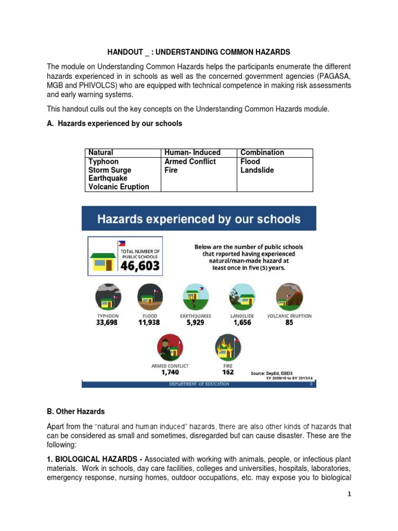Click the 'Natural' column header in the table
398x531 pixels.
(x=101, y=152)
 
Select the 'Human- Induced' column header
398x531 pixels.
(x=192, y=152)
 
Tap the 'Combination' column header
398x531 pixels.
(x=262, y=152)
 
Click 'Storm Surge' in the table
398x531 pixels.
(x=110, y=170)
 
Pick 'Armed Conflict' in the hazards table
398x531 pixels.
(x=190, y=161)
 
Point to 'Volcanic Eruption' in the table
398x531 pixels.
(x=119, y=187)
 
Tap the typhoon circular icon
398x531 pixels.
(x=108, y=297)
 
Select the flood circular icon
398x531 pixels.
(x=150, y=297)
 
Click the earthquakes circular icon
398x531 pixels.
(x=195, y=297)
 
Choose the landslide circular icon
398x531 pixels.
(x=242, y=297)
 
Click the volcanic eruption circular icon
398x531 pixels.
(x=289, y=297)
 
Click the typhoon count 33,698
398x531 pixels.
(x=108, y=323)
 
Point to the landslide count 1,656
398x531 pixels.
(x=242, y=323)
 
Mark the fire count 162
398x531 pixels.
(x=228, y=372)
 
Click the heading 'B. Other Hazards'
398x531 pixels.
(x=76, y=411)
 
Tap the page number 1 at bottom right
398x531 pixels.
(x=349, y=494)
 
